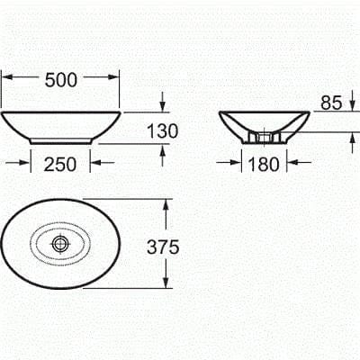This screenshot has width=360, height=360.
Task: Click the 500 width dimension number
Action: (61, 79)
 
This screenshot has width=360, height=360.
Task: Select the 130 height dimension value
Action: (161, 130)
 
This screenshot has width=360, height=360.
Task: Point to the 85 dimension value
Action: (330, 103)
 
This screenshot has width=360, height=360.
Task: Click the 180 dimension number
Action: (265, 163)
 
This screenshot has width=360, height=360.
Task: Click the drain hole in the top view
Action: (60, 243)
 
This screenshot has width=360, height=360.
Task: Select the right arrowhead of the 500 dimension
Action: (115, 78)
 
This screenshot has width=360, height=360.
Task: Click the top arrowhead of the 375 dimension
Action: (165, 204)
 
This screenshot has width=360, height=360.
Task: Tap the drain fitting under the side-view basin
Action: (265, 138)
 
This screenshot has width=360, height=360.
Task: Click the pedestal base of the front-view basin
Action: (61, 140)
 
